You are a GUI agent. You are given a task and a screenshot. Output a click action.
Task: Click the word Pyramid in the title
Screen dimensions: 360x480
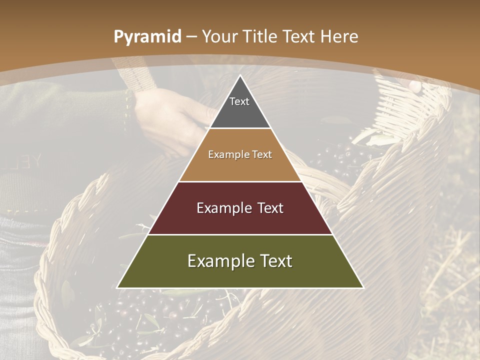click(x=147, y=37)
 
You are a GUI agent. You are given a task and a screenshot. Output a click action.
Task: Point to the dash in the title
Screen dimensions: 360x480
click(x=192, y=37)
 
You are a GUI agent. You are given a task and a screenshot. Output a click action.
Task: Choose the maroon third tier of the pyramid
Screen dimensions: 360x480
click(x=240, y=220)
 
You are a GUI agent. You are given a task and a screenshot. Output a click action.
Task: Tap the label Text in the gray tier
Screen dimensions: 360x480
click(x=239, y=101)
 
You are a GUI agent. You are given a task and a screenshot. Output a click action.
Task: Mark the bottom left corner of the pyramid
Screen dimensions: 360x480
click(x=117, y=287)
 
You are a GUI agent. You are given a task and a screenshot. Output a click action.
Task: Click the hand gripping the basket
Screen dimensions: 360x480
click(x=165, y=115)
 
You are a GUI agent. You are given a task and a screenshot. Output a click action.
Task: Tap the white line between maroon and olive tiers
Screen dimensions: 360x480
click(x=240, y=234)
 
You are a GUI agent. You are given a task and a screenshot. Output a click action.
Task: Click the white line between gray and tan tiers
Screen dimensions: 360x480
click(x=240, y=128)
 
